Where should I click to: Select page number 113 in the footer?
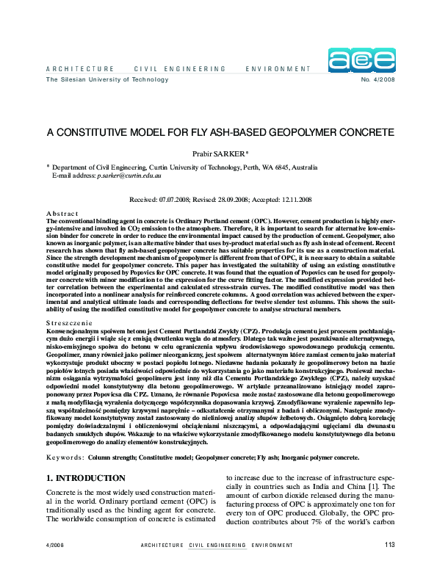389,564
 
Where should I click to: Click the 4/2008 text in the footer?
56,565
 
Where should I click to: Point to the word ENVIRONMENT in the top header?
279,68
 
